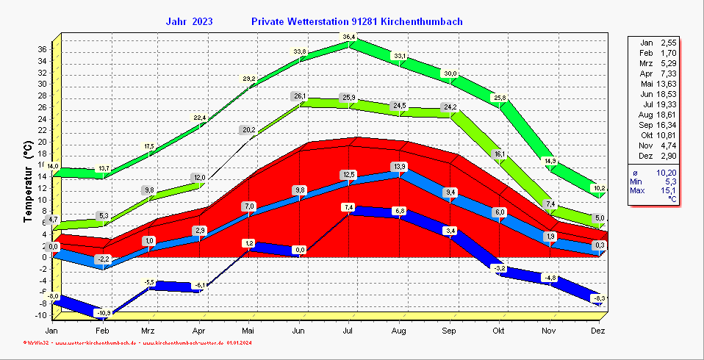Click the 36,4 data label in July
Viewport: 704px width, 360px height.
[x=349, y=37]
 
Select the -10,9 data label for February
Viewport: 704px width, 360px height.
[x=104, y=313]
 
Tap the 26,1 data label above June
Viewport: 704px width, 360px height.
[x=300, y=96]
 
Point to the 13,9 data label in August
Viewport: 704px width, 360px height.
[x=399, y=166]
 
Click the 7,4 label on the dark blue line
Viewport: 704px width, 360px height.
[x=349, y=207]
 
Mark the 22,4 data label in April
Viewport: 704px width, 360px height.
[x=200, y=118]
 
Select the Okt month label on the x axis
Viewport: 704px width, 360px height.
[x=499, y=332]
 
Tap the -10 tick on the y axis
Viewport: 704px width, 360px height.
[x=42, y=316]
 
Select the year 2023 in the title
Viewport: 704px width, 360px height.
[x=203, y=22]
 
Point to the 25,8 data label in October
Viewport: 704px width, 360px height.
[x=499, y=98]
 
